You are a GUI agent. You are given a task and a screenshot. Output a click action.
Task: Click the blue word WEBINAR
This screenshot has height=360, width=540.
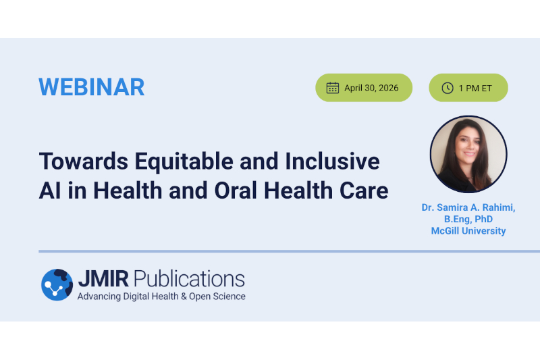pyautogui.click(x=92, y=87)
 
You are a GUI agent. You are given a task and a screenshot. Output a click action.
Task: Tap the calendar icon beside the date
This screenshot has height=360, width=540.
pyautogui.click(x=332, y=88)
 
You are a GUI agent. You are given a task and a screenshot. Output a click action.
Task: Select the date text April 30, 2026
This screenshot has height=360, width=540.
pyautogui.click(x=371, y=88)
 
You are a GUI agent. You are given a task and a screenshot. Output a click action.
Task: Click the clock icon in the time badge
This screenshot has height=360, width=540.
pyautogui.click(x=447, y=88)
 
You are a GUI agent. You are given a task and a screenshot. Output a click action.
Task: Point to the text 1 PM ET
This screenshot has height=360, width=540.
pyautogui.click(x=475, y=88)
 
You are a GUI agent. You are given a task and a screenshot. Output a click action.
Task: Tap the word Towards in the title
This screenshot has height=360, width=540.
pyautogui.click(x=82, y=162)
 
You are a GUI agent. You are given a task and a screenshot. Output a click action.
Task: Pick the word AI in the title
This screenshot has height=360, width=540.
pyautogui.click(x=49, y=191)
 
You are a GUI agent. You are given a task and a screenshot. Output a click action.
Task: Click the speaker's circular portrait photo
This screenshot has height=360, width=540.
pyautogui.click(x=468, y=154)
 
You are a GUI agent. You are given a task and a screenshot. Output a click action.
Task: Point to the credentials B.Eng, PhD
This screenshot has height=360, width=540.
pyautogui.click(x=468, y=220)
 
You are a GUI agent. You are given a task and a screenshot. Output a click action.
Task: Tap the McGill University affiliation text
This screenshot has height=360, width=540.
pyautogui.click(x=468, y=231)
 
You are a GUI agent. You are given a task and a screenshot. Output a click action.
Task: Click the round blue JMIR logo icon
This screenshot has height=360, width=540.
pyautogui.click(x=57, y=284)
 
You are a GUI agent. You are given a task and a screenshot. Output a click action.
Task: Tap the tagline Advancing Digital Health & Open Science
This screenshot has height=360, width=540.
pyautogui.click(x=161, y=297)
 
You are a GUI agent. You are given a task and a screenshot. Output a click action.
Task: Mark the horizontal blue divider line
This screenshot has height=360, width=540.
pyautogui.click(x=270, y=251)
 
